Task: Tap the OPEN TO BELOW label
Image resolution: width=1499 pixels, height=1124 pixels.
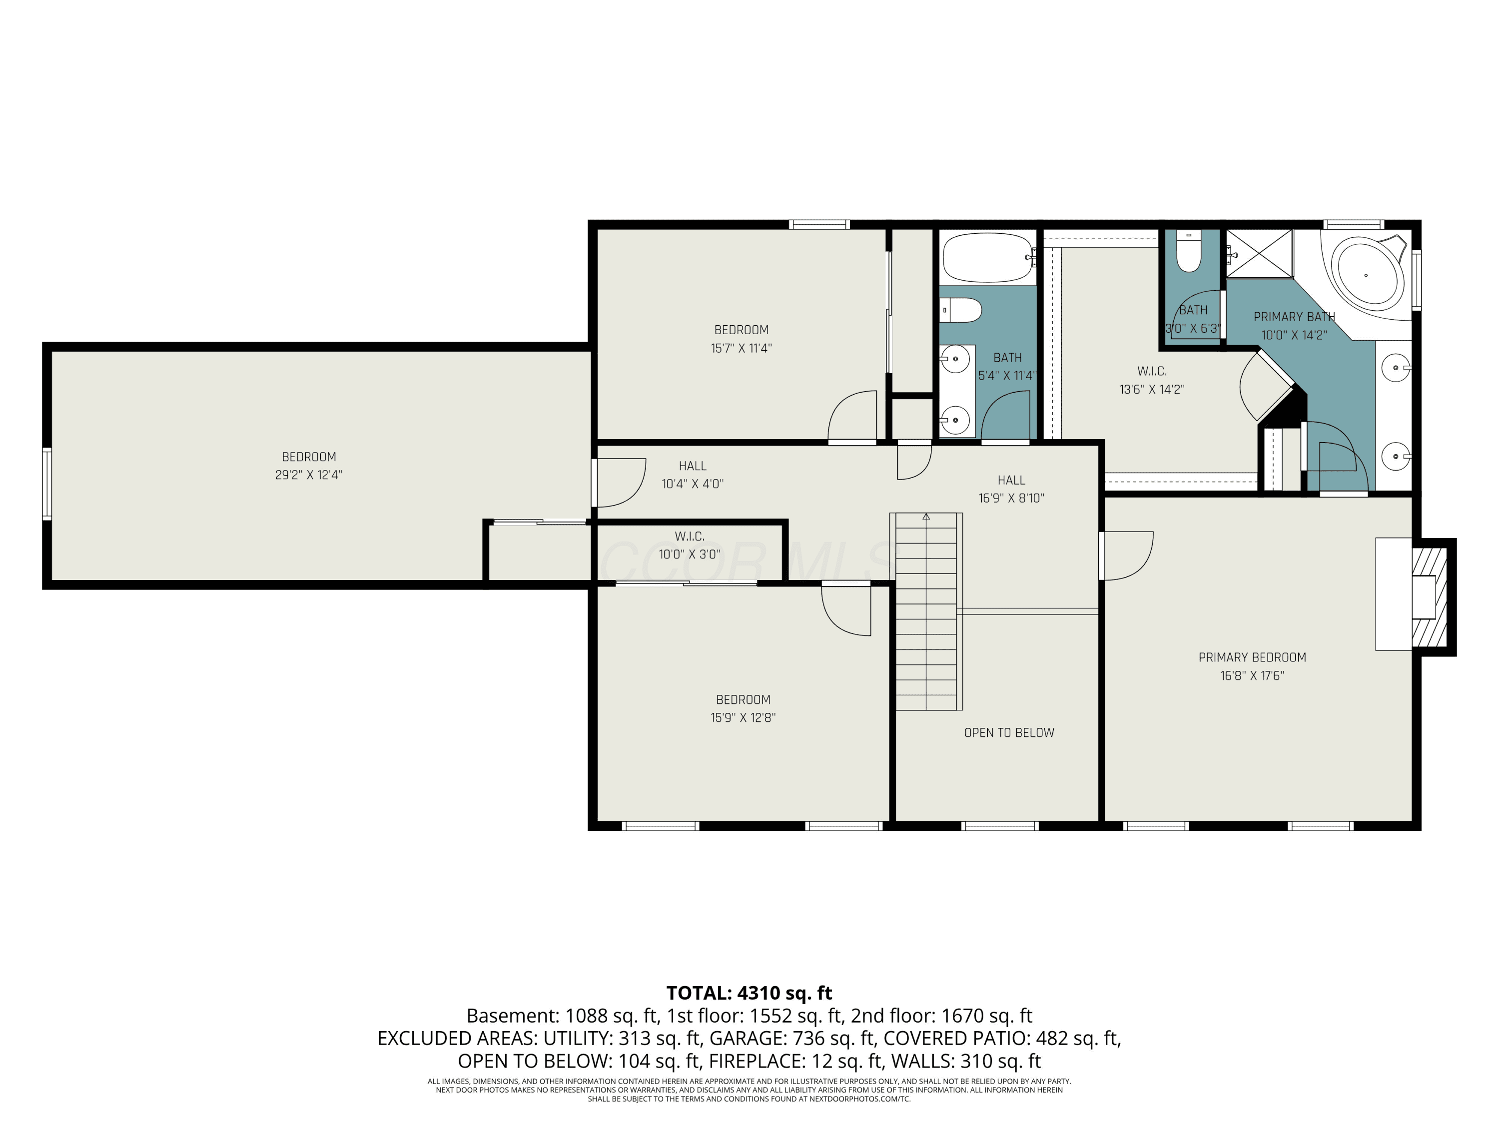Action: [x=1009, y=732]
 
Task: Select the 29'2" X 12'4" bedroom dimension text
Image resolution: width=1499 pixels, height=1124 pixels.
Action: [x=308, y=475]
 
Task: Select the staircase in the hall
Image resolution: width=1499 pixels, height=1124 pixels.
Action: [x=929, y=611]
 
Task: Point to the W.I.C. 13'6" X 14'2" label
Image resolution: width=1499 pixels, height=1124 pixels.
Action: [x=1151, y=380]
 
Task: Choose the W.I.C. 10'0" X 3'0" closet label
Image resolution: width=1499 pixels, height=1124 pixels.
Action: [x=689, y=546]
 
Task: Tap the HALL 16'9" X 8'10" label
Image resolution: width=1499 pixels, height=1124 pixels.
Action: [x=1011, y=489]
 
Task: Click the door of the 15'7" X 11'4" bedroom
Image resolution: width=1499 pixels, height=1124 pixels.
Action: [x=852, y=416]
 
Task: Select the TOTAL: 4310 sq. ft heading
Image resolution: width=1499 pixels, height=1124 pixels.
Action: [x=749, y=993]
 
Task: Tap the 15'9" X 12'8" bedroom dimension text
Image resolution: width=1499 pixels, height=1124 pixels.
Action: [x=743, y=717]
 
